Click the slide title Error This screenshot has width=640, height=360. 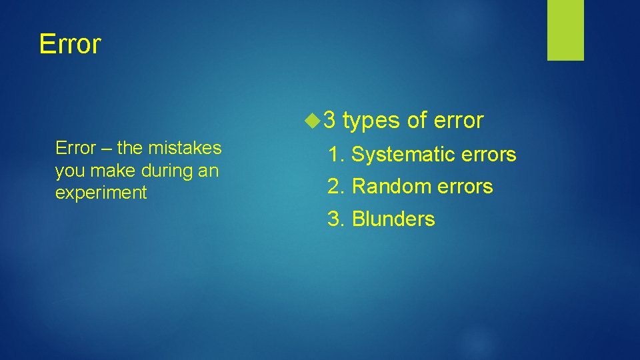point(70,44)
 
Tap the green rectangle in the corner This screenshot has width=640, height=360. point(565,30)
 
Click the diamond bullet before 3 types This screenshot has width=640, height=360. point(311,121)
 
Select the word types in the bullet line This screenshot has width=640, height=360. point(371,121)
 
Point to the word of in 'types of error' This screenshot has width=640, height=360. point(417,120)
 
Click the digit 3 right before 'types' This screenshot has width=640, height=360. point(329,121)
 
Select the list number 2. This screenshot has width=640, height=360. point(335,187)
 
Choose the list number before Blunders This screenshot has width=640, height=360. point(335,219)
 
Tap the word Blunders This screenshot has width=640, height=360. point(393,219)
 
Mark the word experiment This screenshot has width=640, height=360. point(101,193)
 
